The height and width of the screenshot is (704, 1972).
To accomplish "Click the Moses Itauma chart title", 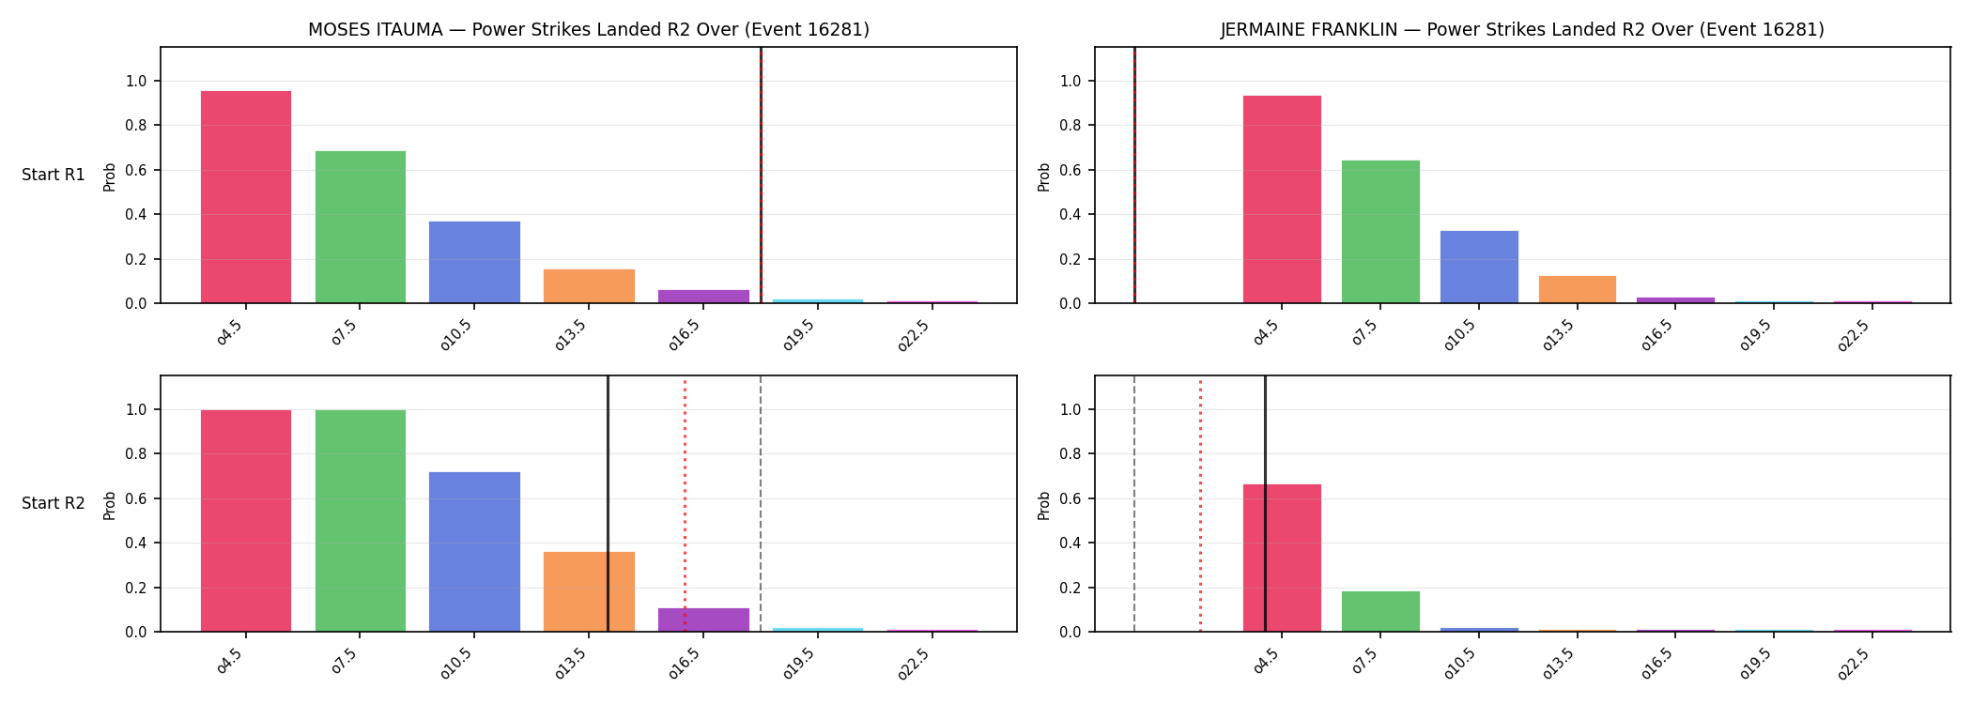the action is (x=589, y=30).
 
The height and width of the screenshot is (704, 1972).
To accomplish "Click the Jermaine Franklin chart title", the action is (x=1522, y=30).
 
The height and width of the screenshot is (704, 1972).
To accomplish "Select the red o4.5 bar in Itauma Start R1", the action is (x=246, y=197).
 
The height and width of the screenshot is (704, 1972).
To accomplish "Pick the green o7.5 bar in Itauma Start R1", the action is (x=361, y=227).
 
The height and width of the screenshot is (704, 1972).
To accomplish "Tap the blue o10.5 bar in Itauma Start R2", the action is (x=474, y=552).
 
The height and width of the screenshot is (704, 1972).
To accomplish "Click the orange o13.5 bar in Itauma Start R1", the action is (x=589, y=286).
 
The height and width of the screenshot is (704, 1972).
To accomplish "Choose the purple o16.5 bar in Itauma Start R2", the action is (x=703, y=620).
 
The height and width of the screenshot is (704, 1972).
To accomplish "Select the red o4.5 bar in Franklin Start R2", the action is (x=1282, y=558).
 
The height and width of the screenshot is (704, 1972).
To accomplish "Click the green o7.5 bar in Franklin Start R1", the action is (x=1380, y=232).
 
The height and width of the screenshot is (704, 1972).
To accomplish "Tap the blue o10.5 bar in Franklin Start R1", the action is (x=1479, y=267).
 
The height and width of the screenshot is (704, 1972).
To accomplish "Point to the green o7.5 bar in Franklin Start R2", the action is (x=1380, y=611).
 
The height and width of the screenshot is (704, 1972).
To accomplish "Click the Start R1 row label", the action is (x=54, y=175).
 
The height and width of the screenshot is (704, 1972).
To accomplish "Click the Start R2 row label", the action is (x=54, y=503).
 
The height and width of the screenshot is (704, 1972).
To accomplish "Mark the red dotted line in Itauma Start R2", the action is (x=685, y=503).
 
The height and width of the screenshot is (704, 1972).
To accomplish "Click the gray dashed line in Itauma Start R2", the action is (x=761, y=503).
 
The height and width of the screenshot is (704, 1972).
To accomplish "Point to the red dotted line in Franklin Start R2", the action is (x=1200, y=503).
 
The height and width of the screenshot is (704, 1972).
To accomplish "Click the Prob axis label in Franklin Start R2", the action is (x=1044, y=505).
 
